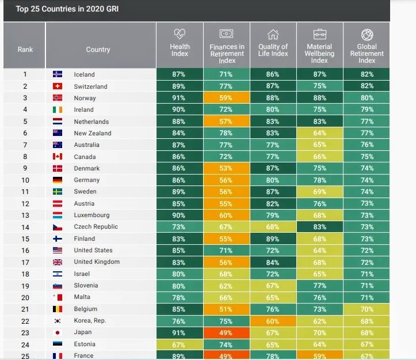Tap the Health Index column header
pos(180,50)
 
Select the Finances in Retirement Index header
pos(227,54)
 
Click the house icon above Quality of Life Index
pos(273,35)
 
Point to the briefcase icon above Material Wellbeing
pos(319,35)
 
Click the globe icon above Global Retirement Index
pos(367,35)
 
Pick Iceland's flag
pos(58,74)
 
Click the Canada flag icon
pos(58,157)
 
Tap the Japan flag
pos(58,332)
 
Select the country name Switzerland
pos(90,86)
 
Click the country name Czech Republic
pos(96,226)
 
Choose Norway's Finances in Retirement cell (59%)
pos(227,98)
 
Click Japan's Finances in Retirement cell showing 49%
pos(227,332)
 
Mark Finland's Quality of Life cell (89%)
pos(273,238)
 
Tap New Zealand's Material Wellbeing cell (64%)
pos(319,133)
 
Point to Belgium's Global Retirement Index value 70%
pos(367,309)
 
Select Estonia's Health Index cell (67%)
pos(180,344)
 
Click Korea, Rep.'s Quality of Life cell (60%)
pos(273,320)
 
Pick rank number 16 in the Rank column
pos(25,250)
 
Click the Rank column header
pos(25,49)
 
